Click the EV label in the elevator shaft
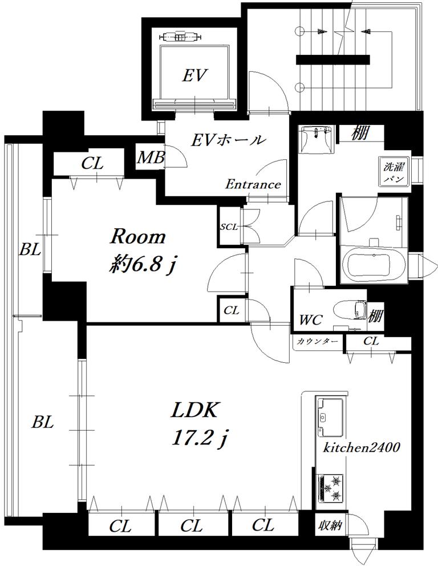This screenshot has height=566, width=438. tap(194, 76)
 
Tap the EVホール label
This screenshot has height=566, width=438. tap(229, 140)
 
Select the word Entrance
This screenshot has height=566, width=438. tap(253, 184)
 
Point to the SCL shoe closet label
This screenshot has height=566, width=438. tap(229, 227)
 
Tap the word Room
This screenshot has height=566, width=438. tap(137, 237)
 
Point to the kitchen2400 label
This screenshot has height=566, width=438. tap(361, 448)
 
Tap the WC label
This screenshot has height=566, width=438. tap(311, 320)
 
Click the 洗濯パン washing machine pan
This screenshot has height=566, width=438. tap(394, 172)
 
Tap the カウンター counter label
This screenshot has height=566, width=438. tap(318, 341)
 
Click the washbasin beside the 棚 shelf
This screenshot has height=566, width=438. tap(316, 140)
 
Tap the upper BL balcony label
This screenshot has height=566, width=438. tap(30, 249)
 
